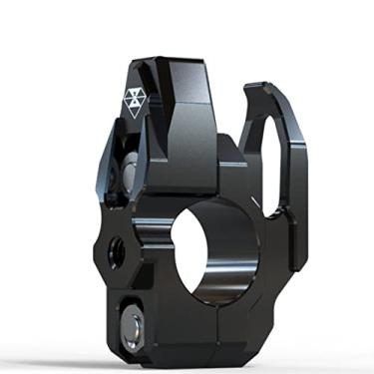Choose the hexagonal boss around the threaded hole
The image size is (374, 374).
[x=112, y=249]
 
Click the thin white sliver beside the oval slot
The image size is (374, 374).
[x=258, y=198]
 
